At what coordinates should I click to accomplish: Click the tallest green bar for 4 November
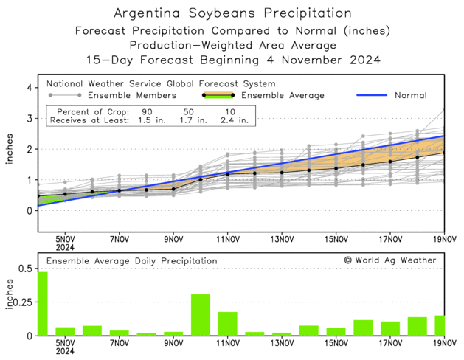42,304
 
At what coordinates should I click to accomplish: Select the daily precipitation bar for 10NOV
201,315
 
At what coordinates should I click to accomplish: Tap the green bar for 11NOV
227,324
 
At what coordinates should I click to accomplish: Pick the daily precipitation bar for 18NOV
417,327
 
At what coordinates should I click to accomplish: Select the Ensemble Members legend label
132,95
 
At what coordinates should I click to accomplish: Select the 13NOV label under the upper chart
282,239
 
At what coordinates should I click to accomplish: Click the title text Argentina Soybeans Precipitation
232,14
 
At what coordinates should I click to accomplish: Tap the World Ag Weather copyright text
389,260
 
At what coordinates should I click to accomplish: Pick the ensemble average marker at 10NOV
201,179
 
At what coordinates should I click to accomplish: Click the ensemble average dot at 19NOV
444,153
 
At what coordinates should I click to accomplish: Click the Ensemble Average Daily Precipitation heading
132,260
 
